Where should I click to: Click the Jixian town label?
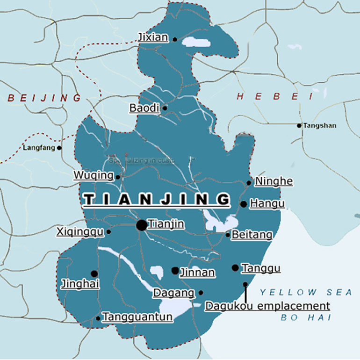coord(153,37)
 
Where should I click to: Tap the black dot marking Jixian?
coord(175,40)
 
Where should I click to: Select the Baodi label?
coord(144,108)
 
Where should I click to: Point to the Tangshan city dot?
coord(299,125)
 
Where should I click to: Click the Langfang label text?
coord(39,148)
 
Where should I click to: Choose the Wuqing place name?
coord(94,175)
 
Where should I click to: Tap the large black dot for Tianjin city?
coord(141,225)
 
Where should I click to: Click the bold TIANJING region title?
coord(156,200)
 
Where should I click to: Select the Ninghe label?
coord(274,181)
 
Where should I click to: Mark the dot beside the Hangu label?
coord(244,204)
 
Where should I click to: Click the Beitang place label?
coord(252,235)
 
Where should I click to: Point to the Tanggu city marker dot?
coord(235,268)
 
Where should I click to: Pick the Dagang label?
coord(174,293)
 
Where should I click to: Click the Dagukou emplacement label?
coord(267,306)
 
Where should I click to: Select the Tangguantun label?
coord(137,317)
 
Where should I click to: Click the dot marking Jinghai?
coord(94,274)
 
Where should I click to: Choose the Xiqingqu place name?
coord(80,231)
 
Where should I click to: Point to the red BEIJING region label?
coord(44,98)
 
